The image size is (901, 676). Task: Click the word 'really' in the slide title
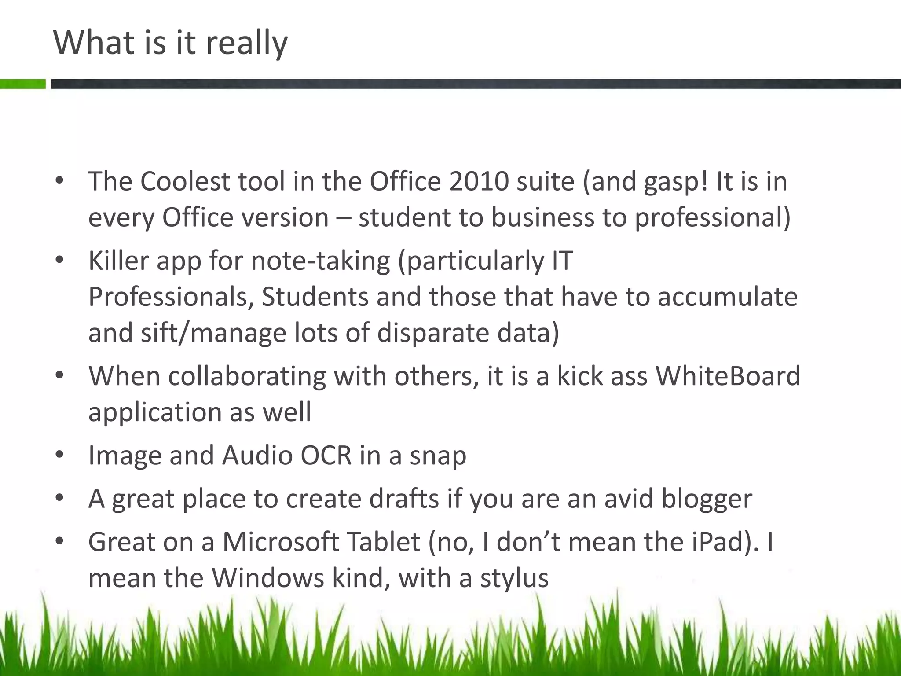tap(246, 44)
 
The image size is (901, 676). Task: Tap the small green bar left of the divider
tap(22, 84)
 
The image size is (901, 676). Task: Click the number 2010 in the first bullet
tap(479, 181)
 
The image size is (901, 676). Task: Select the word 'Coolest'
tap(185, 181)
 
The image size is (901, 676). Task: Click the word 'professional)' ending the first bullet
tap(713, 218)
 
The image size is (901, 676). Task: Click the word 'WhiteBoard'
tap(728, 376)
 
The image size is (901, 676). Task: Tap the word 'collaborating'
tap(247, 376)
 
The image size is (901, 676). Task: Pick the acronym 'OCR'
tap(326, 455)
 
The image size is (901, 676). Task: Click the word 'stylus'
tap(514, 578)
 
